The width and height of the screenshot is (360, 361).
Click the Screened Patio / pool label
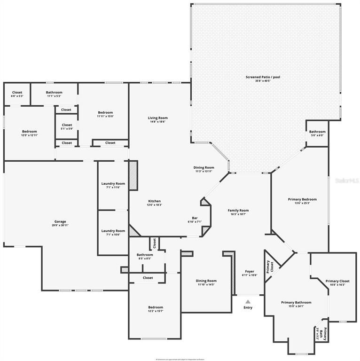[266, 79]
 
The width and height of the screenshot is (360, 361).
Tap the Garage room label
[60, 223]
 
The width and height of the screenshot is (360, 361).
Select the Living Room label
[157, 120]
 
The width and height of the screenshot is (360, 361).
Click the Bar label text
[194, 220]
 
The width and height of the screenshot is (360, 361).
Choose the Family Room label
[238, 212]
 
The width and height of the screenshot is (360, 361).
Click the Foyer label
[250, 273]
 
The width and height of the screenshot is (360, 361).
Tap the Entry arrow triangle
[248, 302]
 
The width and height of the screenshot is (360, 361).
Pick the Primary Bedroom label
[302, 201]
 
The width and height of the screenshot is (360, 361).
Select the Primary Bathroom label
[296, 305]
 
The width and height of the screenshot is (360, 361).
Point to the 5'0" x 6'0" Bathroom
[317, 133]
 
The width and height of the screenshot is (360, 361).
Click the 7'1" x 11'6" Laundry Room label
[113, 185]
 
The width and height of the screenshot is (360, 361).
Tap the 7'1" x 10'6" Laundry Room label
[113, 233]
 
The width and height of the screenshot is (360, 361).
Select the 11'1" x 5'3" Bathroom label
[54, 94]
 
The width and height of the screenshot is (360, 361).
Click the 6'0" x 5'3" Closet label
[17, 94]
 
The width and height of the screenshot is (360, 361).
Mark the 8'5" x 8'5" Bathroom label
[144, 257]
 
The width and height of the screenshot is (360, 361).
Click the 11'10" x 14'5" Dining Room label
[206, 283]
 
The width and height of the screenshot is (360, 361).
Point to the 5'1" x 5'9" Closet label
[67, 127]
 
